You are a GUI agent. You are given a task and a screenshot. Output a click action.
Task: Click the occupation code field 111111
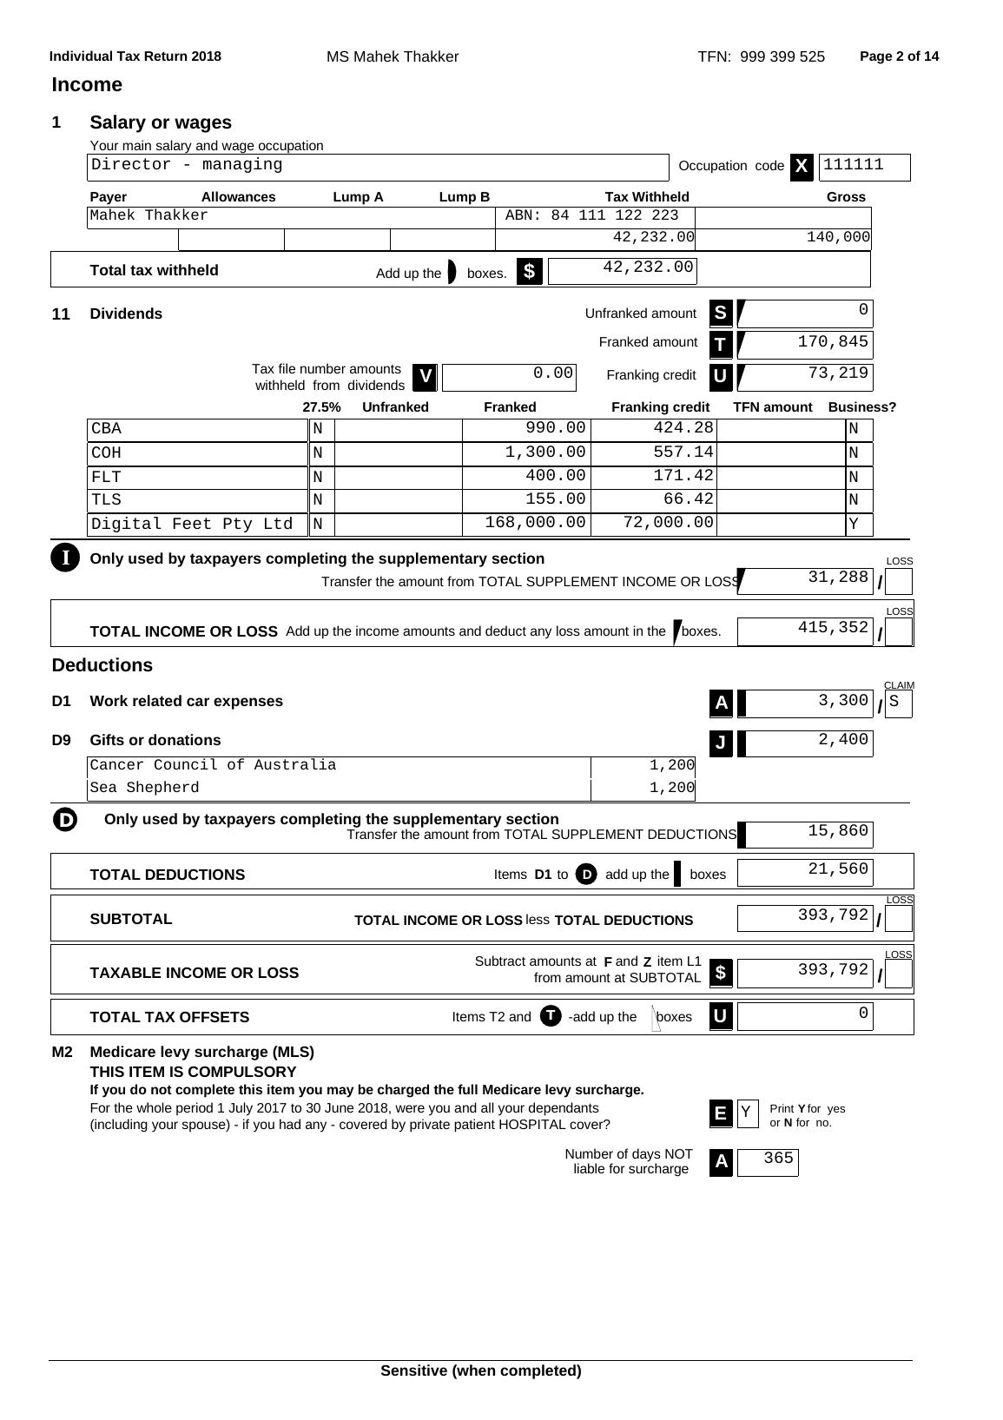[x=863, y=166]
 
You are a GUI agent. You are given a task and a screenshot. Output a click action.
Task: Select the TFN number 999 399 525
[x=782, y=57]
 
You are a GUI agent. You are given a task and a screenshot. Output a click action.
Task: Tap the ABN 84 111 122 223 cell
[x=594, y=215]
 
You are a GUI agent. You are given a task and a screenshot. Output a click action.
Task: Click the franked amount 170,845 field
[x=805, y=343]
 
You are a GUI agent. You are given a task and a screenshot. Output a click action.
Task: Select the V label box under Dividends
[x=425, y=377]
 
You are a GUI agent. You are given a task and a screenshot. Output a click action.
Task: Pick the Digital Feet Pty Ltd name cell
[x=193, y=525]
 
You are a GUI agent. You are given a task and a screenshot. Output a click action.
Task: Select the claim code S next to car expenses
[x=898, y=702]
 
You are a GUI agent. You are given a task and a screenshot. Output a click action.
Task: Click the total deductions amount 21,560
[x=805, y=869]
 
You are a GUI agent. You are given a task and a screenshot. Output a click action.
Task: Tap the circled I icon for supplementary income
[x=65, y=558]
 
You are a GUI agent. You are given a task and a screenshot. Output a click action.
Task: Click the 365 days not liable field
[x=768, y=1160]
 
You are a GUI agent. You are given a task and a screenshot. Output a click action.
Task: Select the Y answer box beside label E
[x=747, y=1113]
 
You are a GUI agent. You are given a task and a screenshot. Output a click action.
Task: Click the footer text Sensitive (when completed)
[x=480, y=1371]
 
